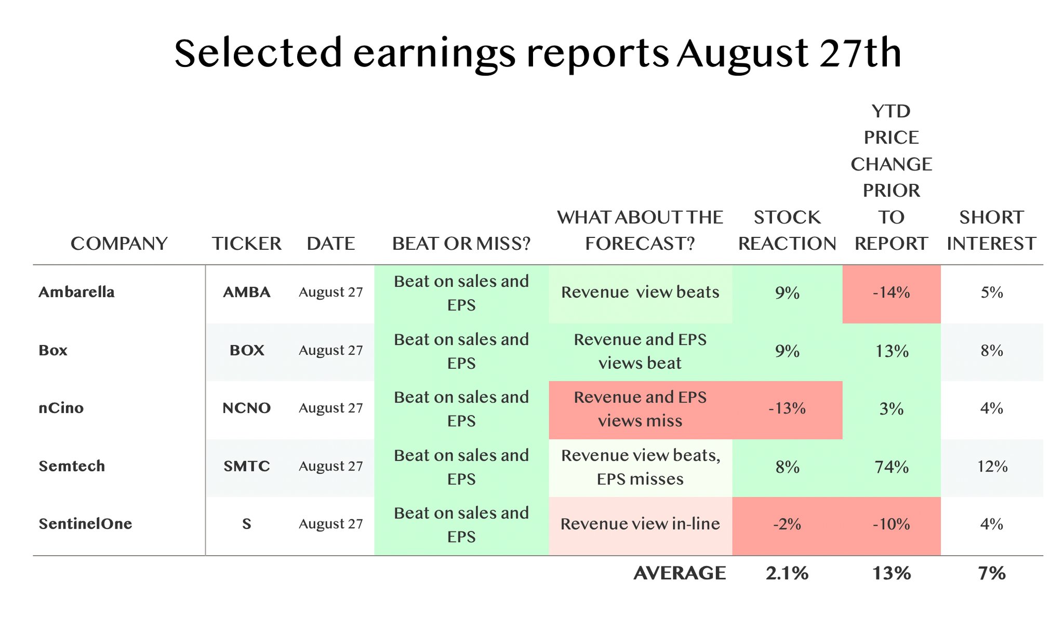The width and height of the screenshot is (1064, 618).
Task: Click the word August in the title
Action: pyautogui.click(x=743, y=54)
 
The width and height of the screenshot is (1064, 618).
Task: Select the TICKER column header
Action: pyautogui.click(x=247, y=244)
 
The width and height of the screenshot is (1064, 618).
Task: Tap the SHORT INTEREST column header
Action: pyautogui.click(x=991, y=231)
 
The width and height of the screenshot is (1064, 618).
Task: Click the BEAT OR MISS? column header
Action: pyautogui.click(x=461, y=244)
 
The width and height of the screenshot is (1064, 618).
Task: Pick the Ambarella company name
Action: pyautogui.click(x=76, y=292)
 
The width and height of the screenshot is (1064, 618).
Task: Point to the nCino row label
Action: pyautogui.click(x=61, y=408)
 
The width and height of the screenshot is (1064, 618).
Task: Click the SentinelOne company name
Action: pyautogui.click(x=85, y=523)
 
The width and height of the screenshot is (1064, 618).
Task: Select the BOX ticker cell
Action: pyautogui.click(x=247, y=350)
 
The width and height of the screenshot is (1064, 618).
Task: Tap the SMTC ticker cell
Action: pyautogui.click(x=247, y=466)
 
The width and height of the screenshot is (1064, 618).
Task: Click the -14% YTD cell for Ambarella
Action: pyautogui.click(x=892, y=293)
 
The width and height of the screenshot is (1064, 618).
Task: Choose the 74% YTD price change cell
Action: pyautogui.click(x=892, y=467)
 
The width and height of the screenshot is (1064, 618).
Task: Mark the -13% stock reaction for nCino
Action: pyautogui.click(x=787, y=409)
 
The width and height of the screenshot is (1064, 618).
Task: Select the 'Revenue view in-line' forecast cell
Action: pyautogui.click(x=640, y=525)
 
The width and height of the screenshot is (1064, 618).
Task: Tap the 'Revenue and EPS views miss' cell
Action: pyautogui.click(x=640, y=409)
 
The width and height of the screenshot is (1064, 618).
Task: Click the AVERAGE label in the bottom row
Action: pyautogui.click(x=680, y=573)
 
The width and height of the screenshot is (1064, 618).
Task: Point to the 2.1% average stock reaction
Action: pyautogui.click(x=787, y=573)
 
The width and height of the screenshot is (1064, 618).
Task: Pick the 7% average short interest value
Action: pyautogui.click(x=992, y=573)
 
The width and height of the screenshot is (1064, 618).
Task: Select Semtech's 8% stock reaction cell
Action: pyautogui.click(x=787, y=467)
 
